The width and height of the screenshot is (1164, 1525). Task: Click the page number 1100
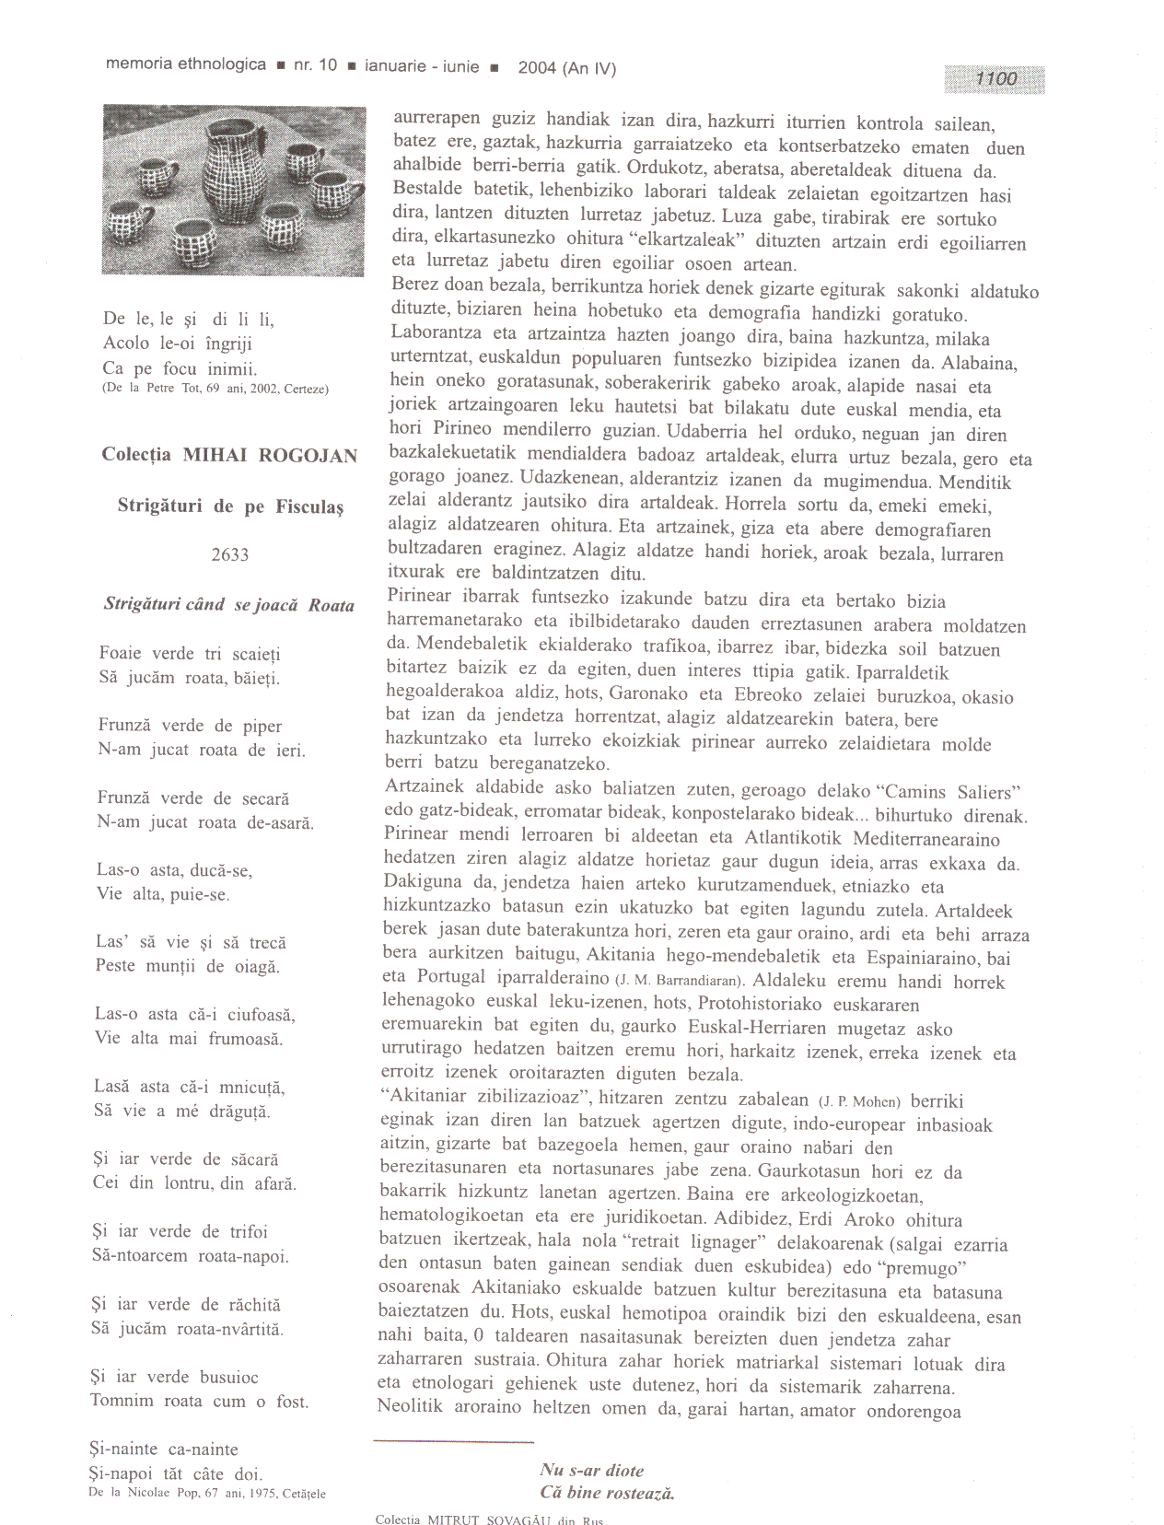995,79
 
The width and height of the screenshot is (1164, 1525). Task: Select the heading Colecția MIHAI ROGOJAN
229,455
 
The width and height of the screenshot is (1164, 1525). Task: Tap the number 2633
229,554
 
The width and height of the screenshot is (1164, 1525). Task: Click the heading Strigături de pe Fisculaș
230,506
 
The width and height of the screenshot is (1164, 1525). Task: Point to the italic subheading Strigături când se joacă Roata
229,605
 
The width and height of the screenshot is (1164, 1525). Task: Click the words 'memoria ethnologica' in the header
186,64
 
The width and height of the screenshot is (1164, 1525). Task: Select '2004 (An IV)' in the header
566,67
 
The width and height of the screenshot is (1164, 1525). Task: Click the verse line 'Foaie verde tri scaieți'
190,654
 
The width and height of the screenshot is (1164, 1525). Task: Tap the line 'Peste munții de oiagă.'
188,966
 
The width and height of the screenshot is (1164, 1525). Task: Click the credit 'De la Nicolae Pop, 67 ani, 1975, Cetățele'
207,1493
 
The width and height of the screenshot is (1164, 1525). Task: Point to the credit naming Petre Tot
215,389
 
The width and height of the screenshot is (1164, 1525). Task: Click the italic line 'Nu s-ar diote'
592,1471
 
